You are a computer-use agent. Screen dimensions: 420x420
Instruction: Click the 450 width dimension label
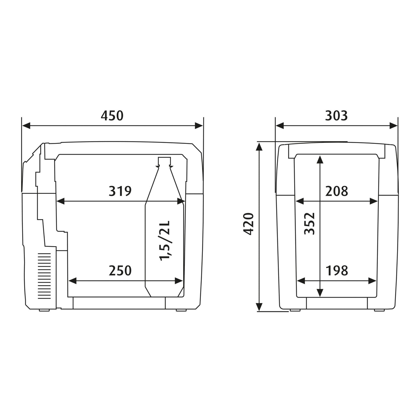tap(112, 116)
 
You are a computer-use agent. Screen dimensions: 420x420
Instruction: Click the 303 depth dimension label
tap(336, 116)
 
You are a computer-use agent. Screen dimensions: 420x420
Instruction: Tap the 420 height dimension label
tap(249, 224)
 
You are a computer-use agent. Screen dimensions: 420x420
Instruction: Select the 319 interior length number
tap(120, 191)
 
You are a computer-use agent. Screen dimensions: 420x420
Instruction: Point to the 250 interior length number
tap(120, 271)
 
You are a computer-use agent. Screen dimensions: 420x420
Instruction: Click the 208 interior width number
tap(337, 191)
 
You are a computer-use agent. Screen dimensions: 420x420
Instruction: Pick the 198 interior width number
tap(337, 271)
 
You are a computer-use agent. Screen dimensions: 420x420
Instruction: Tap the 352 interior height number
tap(310, 224)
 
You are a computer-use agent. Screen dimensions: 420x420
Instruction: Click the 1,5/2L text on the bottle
tap(165, 241)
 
